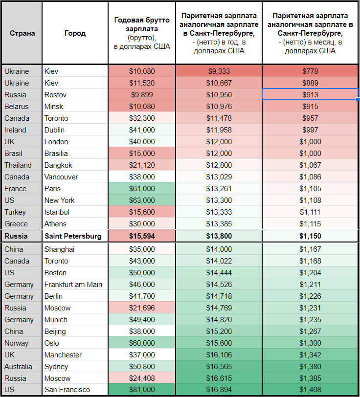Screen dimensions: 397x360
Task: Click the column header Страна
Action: click(x=22, y=33)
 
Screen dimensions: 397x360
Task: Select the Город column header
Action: click(x=75, y=33)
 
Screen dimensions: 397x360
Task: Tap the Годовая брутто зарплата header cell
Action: click(x=141, y=33)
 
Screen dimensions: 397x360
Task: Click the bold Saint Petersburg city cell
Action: click(x=73, y=236)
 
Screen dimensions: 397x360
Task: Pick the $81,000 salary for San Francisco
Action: click(x=142, y=390)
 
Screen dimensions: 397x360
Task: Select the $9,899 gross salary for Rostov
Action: click(x=142, y=95)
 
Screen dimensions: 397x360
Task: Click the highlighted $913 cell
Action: click(x=311, y=95)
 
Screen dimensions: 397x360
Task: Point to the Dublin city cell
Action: click(x=55, y=130)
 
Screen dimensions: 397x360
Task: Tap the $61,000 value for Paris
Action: click(x=142, y=189)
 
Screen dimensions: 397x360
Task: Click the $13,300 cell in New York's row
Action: click(x=219, y=200)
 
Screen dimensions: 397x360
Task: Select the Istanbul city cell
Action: click(x=57, y=212)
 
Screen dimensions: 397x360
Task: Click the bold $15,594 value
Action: click(x=142, y=236)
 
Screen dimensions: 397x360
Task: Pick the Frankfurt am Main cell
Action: click(x=73, y=285)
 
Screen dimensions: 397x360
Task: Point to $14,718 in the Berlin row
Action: click(x=219, y=296)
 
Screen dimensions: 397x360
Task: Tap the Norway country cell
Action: click(x=16, y=343)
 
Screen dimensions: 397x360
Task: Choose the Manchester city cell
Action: click(x=63, y=355)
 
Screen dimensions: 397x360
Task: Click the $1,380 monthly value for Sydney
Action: click(x=311, y=367)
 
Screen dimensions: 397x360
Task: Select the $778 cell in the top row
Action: click(x=311, y=71)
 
